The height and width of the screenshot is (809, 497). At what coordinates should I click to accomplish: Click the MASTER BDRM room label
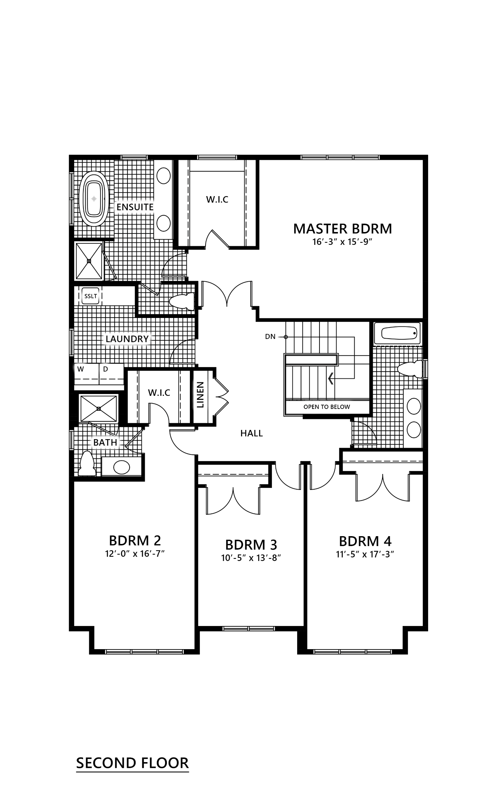pyautogui.click(x=343, y=229)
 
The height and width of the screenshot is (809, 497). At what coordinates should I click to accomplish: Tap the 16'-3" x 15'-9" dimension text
pyautogui.click(x=343, y=242)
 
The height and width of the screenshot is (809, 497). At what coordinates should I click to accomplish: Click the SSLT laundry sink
pyautogui.click(x=90, y=296)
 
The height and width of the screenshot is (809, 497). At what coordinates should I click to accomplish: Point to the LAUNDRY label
pyautogui.click(x=127, y=339)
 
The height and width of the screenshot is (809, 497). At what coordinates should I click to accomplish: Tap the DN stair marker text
pyautogui.click(x=270, y=336)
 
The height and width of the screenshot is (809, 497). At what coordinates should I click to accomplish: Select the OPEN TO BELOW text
pyautogui.click(x=327, y=407)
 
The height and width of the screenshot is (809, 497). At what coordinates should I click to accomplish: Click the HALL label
pyautogui.click(x=251, y=433)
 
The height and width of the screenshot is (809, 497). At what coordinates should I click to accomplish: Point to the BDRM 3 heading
pyautogui.click(x=251, y=545)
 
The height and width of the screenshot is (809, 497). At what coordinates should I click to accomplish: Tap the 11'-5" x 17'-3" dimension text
pyautogui.click(x=365, y=554)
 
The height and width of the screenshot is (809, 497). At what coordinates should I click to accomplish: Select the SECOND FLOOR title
pyautogui.click(x=132, y=763)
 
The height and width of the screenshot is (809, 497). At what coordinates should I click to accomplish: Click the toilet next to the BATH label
pyautogui.click(x=87, y=463)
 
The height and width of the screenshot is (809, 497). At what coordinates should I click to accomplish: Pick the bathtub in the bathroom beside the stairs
pyautogui.click(x=399, y=333)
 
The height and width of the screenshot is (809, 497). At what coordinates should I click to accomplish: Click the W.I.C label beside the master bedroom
pyautogui.click(x=217, y=200)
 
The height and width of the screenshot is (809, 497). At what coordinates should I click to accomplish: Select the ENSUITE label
pyautogui.click(x=135, y=207)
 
